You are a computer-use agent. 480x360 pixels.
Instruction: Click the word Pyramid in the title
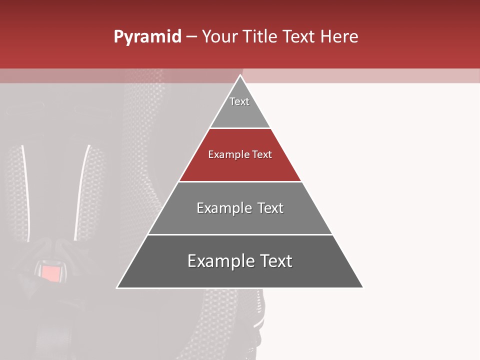(147, 37)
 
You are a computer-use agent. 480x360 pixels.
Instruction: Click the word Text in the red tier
(262, 155)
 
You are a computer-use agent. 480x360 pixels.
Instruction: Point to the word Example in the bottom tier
(219, 261)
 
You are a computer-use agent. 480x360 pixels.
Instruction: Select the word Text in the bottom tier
(275, 261)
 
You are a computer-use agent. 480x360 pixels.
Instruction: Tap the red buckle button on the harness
(50, 272)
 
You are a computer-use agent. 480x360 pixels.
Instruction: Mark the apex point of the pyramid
(240, 76)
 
